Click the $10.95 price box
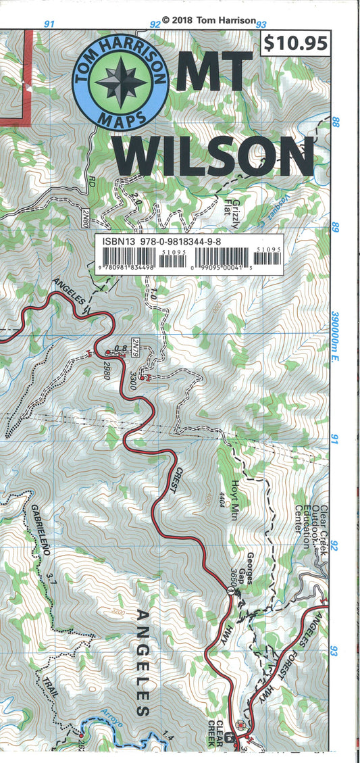(297, 43)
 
